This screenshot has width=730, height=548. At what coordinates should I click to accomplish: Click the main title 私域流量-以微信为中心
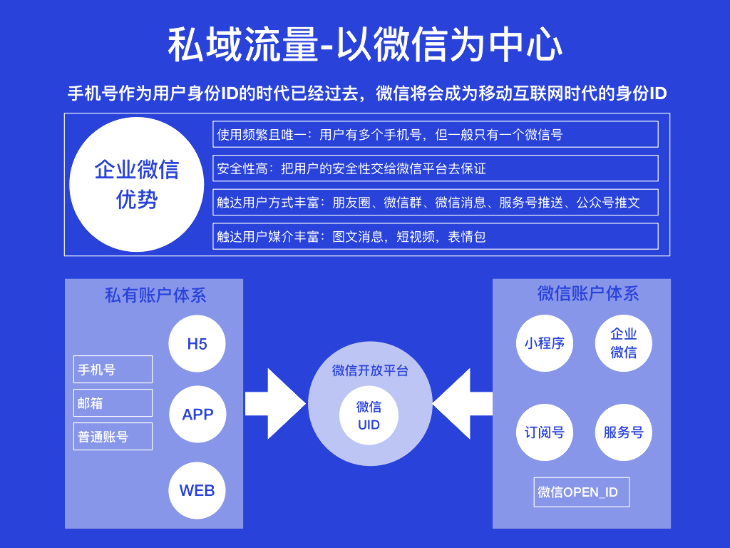(x=365, y=45)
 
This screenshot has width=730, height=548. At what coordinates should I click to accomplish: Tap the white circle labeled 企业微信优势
(x=137, y=184)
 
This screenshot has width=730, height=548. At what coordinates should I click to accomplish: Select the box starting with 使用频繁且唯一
(x=435, y=134)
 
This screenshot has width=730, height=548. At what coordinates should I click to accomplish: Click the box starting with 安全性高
(x=435, y=168)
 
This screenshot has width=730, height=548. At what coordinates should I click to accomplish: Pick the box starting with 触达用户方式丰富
(x=435, y=202)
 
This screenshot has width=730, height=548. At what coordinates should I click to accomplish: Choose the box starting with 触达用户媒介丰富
(x=435, y=236)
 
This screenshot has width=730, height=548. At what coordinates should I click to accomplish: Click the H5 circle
(x=197, y=343)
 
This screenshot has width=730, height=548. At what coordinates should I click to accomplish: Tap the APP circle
(x=197, y=415)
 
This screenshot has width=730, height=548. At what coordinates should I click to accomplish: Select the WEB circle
(x=197, y=490)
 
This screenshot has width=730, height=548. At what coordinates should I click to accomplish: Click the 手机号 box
(x=113, y=370)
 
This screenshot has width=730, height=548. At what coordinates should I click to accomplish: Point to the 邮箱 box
(x=113, y=402)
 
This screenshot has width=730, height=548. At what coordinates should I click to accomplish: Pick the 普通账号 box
(x=113, y=437)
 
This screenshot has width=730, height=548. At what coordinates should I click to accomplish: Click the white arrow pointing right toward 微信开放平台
(x=274, y=404)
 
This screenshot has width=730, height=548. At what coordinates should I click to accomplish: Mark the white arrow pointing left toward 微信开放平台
(x=463, y=404)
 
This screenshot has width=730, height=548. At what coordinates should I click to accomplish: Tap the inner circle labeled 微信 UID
(x=369, y=415)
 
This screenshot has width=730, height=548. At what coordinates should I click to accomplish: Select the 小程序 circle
(x=545, y=343)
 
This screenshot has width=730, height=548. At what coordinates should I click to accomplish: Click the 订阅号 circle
(x=545, y=432)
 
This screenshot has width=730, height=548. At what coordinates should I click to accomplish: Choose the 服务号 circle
(x=623, y=432)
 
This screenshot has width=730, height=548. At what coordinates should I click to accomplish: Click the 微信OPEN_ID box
(x=581, y=492)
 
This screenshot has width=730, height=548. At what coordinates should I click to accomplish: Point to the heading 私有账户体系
(x=155, y=295)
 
